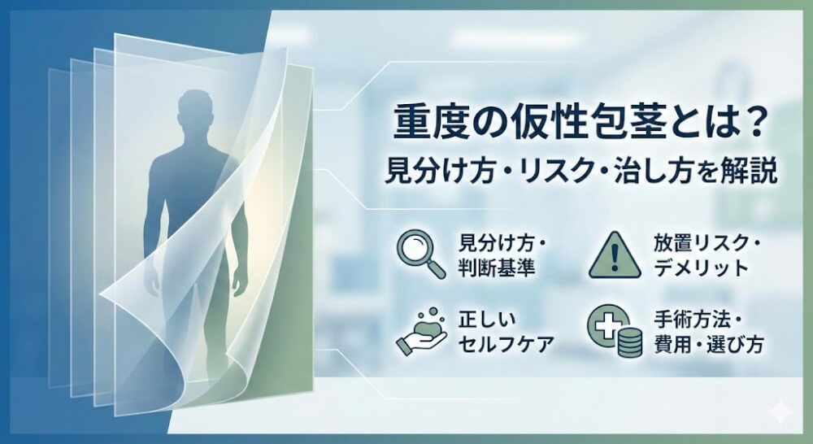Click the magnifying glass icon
tap(420, 253)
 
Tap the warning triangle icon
tap(611, 253)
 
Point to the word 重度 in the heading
tap(420, 124)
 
